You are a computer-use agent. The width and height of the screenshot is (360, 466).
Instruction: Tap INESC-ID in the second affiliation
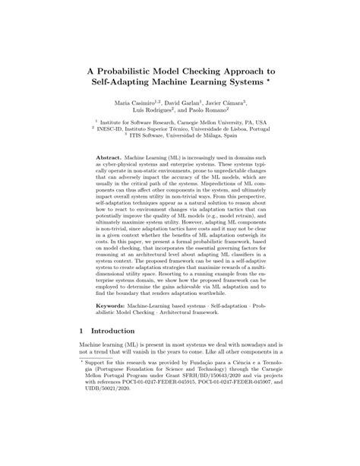click(x=113, y=128)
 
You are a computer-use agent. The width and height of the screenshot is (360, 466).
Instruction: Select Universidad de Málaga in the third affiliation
click(x=216, y=136)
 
